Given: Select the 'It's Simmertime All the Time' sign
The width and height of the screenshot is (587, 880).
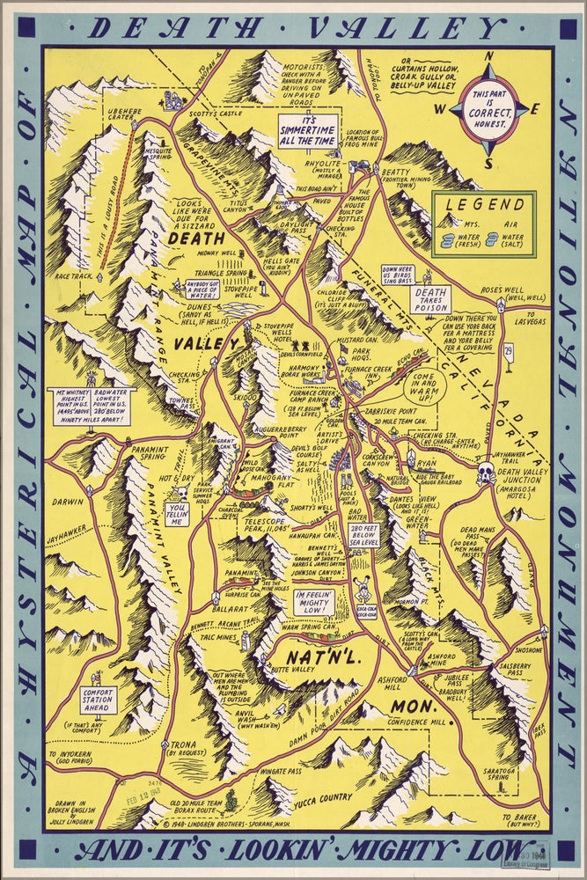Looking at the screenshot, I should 308,129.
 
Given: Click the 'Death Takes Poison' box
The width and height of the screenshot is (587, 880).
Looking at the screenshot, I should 433,298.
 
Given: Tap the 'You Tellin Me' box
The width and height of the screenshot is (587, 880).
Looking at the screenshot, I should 177,514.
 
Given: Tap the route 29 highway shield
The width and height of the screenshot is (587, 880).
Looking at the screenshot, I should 508,352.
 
